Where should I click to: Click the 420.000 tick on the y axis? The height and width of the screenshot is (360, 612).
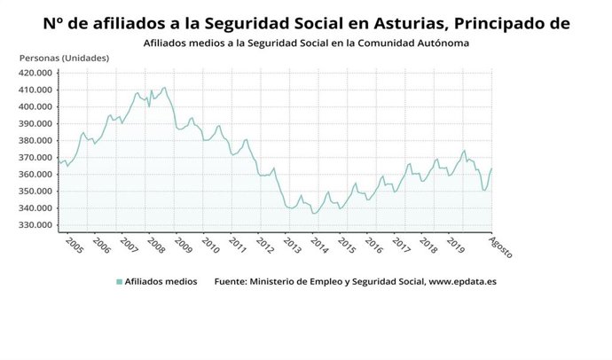tap(38, 73)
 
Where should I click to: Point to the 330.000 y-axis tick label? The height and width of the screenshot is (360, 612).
tap(38, 225)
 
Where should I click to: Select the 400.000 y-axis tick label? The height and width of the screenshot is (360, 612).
tap(38, 106)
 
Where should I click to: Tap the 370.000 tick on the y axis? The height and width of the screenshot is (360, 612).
tap(38, 158)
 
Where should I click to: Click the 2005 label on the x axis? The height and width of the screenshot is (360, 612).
tap(75, 245)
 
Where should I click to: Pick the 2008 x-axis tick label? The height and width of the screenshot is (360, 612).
tap(156, 245)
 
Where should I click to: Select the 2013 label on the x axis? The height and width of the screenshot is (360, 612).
tap(292, 245)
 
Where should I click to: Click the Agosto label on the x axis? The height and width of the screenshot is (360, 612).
tap(502, 247)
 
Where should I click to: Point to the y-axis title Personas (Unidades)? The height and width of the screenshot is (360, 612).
tap(64, 58)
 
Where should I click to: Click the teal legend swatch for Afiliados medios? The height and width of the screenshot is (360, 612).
tap(119, 282)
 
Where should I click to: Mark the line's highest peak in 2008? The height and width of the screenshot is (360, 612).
tap(164, 87)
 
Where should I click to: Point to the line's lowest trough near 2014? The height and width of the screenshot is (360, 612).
tap(314, 214)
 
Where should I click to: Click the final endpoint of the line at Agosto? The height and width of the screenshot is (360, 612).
tap(492, 168)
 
